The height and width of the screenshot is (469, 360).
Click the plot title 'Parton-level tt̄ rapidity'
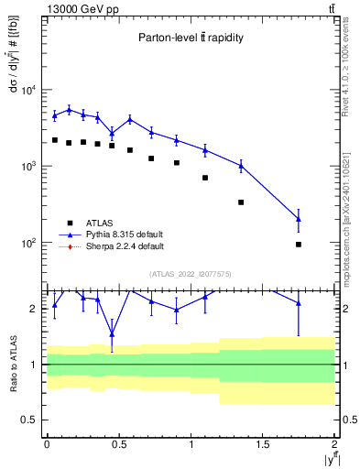tap(191, 38)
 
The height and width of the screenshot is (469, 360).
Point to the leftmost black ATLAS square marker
tap(55, 140)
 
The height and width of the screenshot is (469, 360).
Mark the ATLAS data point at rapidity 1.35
tap(241, 202)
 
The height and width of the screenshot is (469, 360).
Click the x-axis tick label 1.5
tap(263, 443)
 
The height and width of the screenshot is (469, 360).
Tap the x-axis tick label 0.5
tap(118, 443)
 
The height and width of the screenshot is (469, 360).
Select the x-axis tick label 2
tap(334, 443)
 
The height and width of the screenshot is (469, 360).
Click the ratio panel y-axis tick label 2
tap(34, 309)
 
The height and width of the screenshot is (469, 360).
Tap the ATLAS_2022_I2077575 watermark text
tap(191, 273)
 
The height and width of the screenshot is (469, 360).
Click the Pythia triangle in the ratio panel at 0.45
tap(112, 333)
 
